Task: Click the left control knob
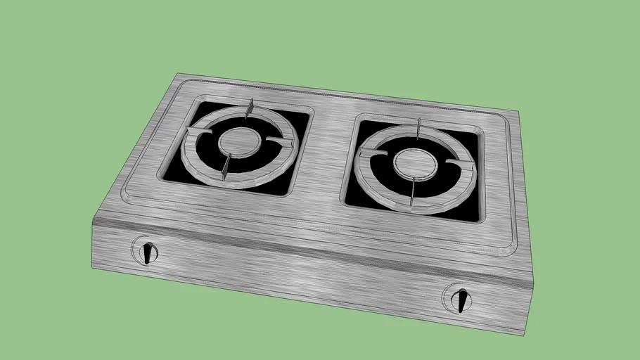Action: pyautogui.click(x=147, y=252)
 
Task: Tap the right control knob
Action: pyautogui.click(x=461, y=298)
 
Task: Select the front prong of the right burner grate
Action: pyautogui.click(x=414, y=191)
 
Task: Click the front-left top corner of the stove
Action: pyautogui.click(x=93, y=220)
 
